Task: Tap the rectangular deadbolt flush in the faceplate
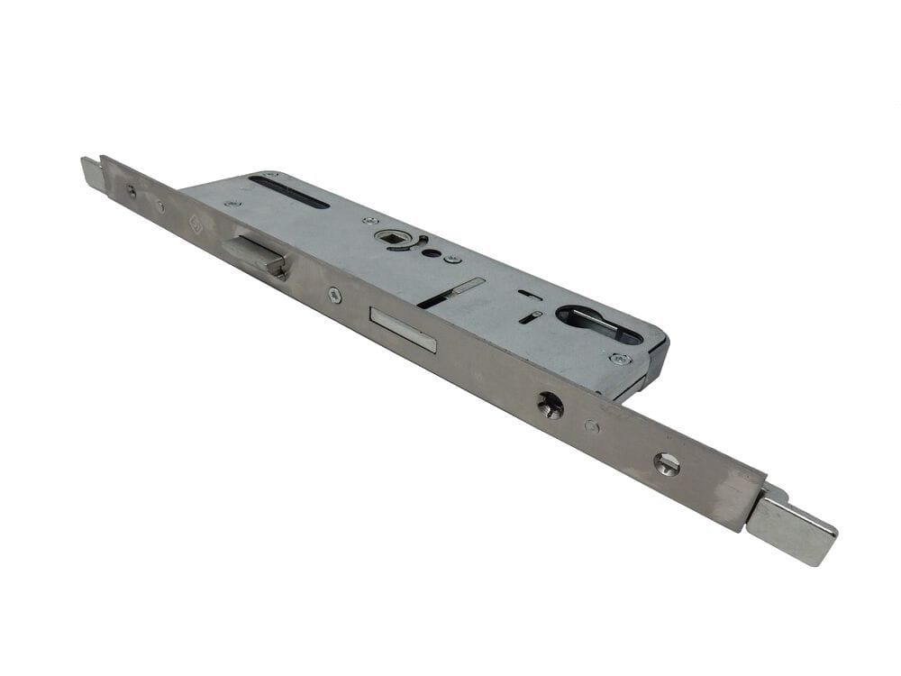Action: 402,329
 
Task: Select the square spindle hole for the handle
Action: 393,238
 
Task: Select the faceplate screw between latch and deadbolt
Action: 334,294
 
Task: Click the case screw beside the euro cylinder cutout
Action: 620,359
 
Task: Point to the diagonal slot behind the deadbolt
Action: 450,293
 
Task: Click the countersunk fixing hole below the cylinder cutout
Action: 551,406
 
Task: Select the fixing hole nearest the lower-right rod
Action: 667,463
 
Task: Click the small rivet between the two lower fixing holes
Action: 591,425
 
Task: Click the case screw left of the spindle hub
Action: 368,220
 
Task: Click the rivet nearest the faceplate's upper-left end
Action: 132,191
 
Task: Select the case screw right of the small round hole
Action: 453,260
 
